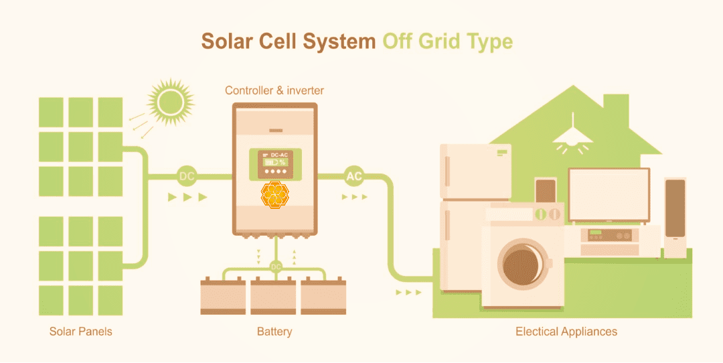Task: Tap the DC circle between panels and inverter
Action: click(x=187, y=177)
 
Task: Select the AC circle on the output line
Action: click(x=354, y=177)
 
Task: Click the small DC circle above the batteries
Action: click(x=275, y=267)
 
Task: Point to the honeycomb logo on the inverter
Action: click(x=274, y=195)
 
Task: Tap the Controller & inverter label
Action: click(x=274, y=90)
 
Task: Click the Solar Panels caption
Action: click(x=81, y=332)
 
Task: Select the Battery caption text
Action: click(x=274, y=332)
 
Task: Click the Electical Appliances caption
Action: click(x=566, y=332)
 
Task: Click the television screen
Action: click(x=609, y=194)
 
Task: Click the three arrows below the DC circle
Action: click(x=187, y=198)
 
